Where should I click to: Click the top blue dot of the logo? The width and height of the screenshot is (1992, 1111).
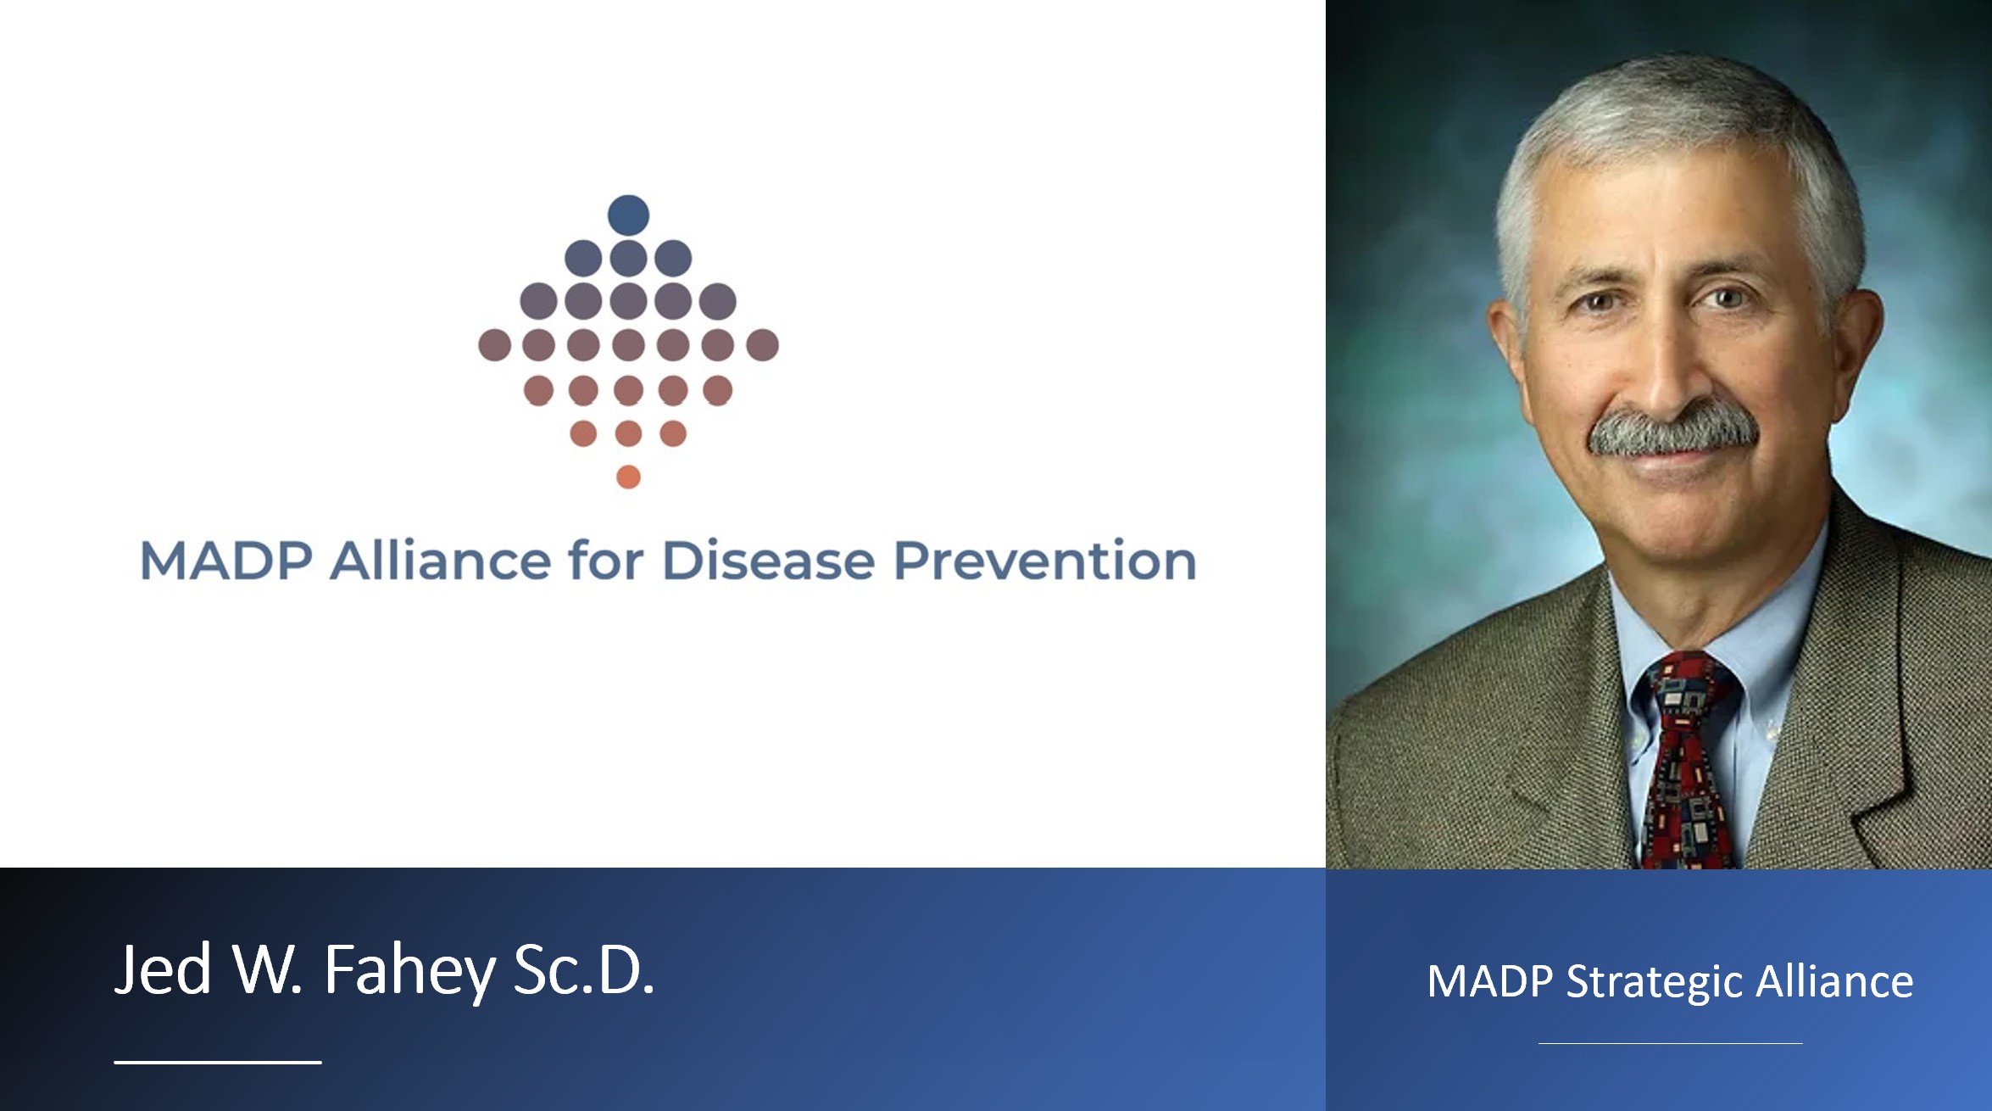tap(628, 215)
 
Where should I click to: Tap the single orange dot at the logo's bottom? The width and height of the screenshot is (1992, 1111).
tap(628, 477)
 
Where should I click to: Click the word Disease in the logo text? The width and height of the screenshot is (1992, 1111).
tap(767, 561)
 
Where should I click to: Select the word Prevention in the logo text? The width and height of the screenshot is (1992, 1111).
tap(1044, 561)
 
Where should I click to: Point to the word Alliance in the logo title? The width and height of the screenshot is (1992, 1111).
tap(441, 561)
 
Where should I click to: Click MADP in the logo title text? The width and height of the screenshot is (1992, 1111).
tap(226, 561)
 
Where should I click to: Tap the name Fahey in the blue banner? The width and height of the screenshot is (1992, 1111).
tap(409, 970)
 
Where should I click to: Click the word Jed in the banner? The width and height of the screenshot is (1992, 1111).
tap(163, 969)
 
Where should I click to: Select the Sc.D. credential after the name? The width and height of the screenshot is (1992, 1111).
tap(584, 969)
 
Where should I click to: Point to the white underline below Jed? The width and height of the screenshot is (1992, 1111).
tap(218, 1062)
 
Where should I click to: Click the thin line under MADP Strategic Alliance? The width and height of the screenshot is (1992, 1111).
tap(1670, 1043)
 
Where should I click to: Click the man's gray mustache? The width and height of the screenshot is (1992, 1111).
tap(1672, 430)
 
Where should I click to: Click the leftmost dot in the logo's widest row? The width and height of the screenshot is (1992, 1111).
tap(494, 345)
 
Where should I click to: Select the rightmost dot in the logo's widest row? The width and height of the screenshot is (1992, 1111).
tap(762, 345)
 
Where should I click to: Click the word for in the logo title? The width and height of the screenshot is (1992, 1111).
tap(606, 561)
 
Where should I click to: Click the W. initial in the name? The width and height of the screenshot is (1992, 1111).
tap(268, 969)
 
